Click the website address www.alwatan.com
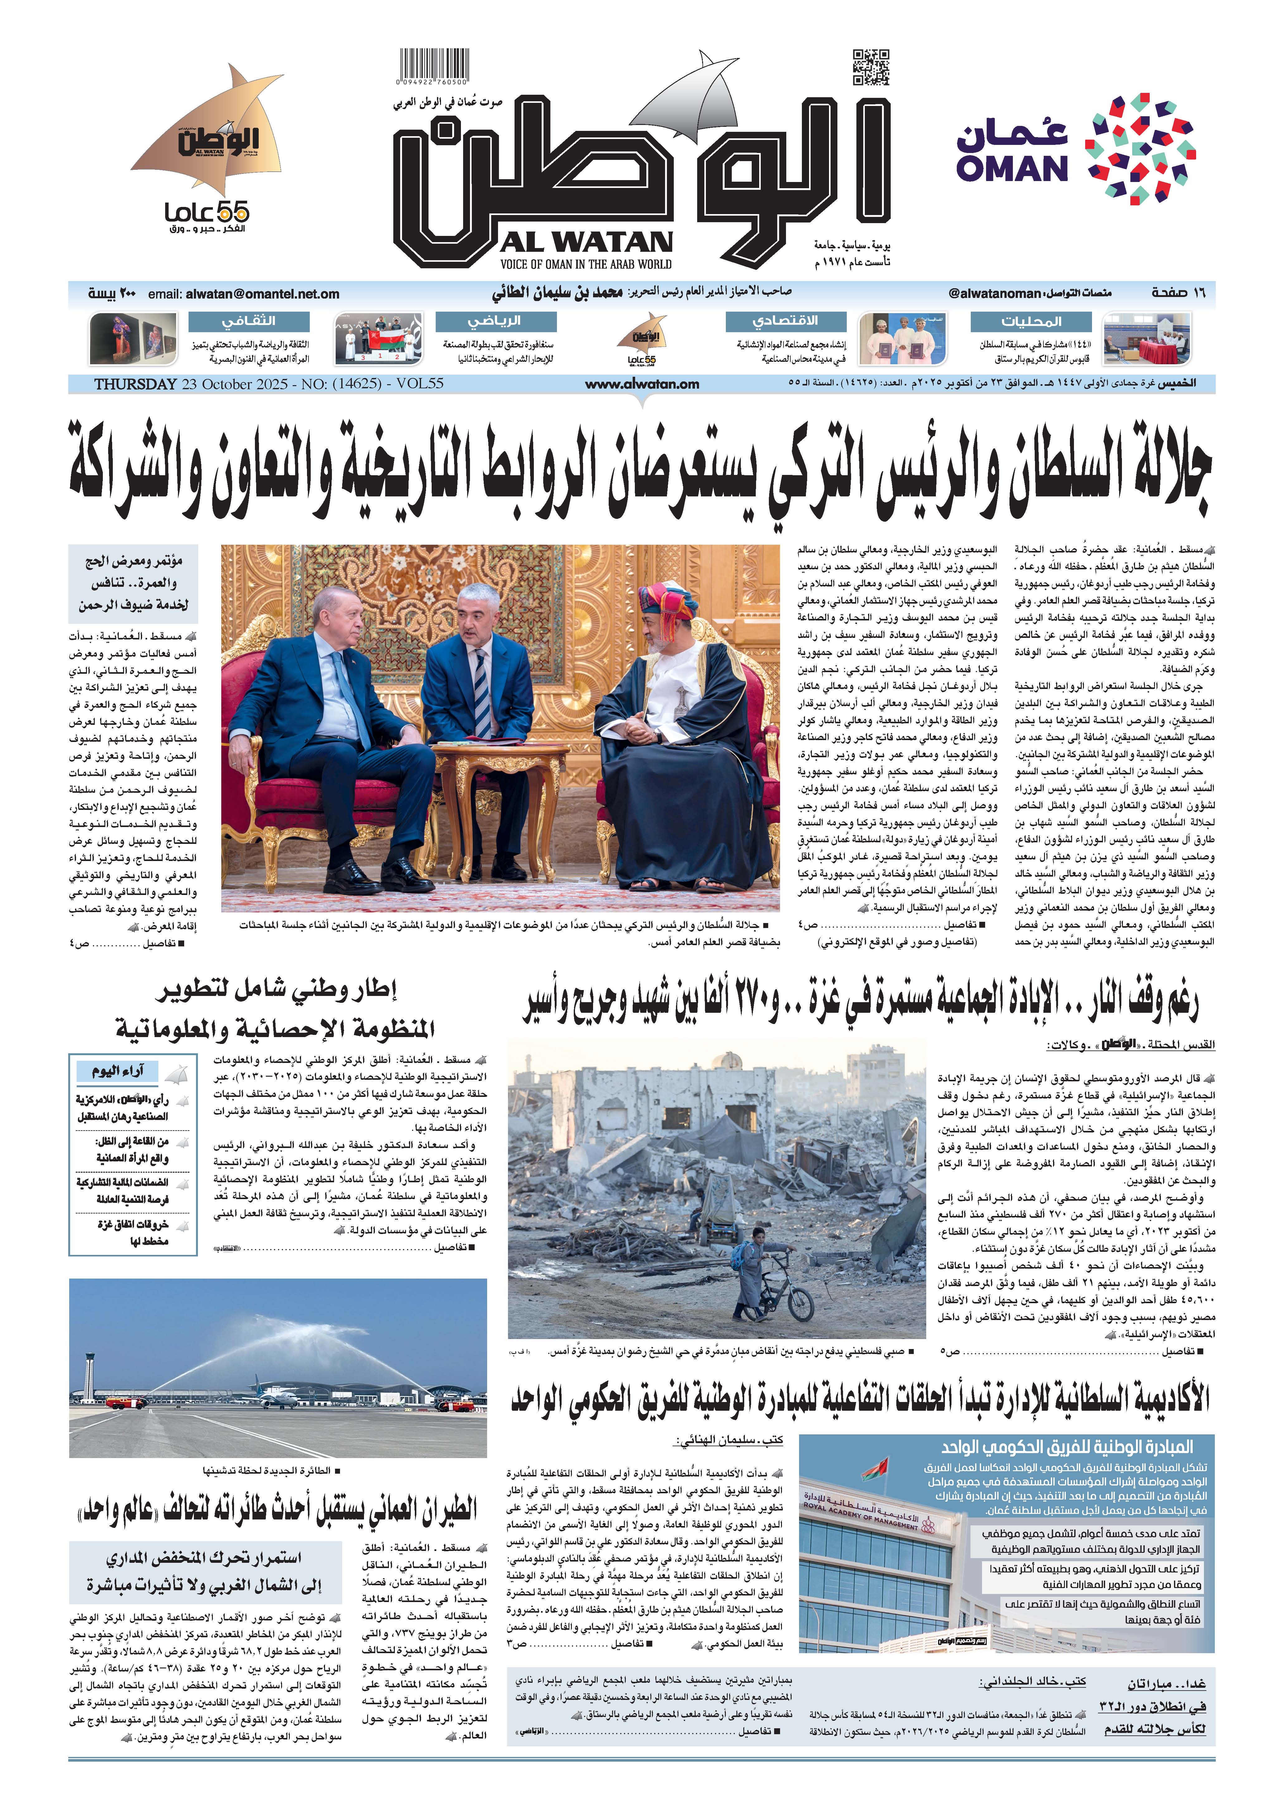642,384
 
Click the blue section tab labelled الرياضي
496,322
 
